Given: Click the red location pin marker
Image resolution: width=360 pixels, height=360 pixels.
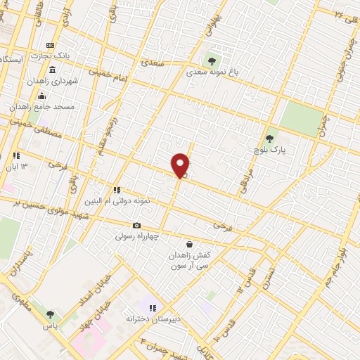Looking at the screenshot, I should point(181,165).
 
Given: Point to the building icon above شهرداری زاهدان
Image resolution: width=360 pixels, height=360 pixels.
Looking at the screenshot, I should point(53,70).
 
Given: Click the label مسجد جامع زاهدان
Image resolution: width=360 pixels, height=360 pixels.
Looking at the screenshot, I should point(41,106).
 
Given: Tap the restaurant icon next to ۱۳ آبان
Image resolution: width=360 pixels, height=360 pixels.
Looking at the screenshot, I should point(15,155).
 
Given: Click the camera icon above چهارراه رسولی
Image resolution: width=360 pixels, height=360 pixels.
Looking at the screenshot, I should point(136,226).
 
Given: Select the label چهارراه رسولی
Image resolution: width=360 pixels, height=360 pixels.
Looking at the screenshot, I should point(136,237).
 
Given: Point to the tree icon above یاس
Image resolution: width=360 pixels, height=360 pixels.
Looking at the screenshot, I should point(50,315).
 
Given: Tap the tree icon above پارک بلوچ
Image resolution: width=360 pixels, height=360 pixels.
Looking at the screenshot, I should point(269,139).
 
